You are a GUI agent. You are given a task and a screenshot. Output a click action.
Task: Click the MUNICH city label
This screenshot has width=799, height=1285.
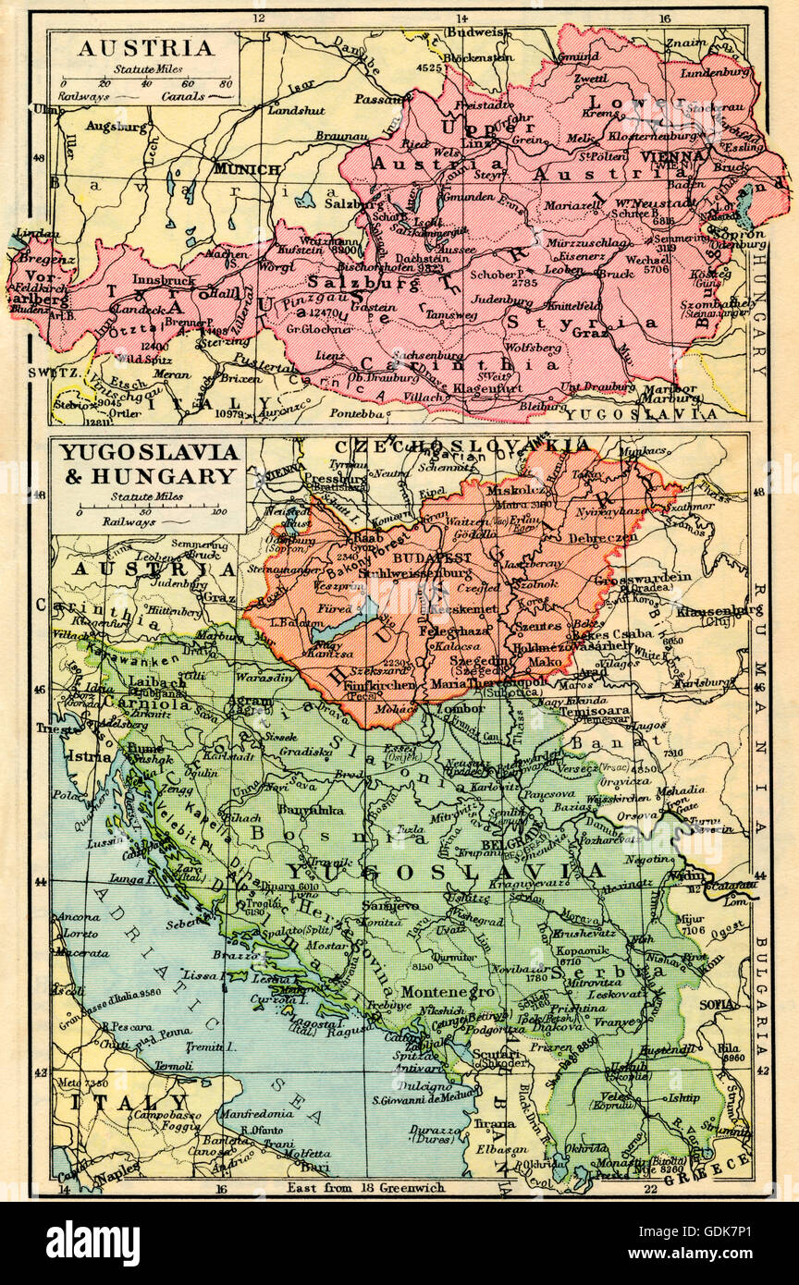click(x=247, y=169)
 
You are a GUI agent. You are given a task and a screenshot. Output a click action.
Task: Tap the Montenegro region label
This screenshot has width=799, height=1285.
click(x=436, y=991)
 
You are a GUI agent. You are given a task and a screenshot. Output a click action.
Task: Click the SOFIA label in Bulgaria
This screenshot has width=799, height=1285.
click(x=719, y=1003)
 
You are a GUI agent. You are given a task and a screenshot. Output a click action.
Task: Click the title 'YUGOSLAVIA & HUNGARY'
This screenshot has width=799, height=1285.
click(x=148, y=465)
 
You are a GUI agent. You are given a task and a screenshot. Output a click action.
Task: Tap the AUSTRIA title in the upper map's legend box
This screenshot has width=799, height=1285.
click(x=145, y=48)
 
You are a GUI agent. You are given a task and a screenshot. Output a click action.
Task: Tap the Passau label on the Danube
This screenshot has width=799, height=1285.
click(x=375, y=98)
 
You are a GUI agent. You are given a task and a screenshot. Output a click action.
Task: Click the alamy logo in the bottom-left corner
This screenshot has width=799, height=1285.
click(x=92, y=1242)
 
